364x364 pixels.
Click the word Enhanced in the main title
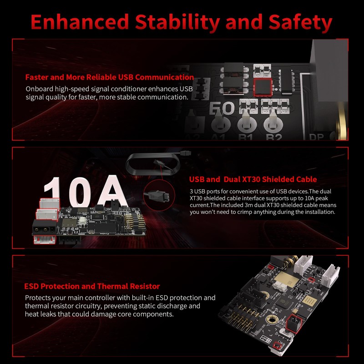coord(80,22)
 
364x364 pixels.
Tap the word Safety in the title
coord(300,23)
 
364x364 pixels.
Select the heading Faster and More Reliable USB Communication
coord(110,77)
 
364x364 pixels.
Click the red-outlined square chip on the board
coord(263,87)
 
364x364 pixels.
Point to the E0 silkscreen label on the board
coord(222,108)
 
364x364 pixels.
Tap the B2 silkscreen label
coord(274,137)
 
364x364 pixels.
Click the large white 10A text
coord(86,192)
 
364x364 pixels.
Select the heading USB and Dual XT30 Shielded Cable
coord(253,179)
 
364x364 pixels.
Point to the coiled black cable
coord(153,164)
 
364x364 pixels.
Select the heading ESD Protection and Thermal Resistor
coord(92,286)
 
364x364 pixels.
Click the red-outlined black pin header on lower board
coord(293,324)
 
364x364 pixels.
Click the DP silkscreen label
coord(316,137)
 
